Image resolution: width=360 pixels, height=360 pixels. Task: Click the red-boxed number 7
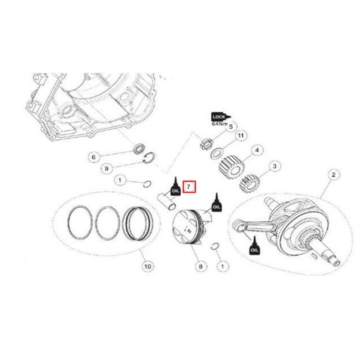click(189, 187)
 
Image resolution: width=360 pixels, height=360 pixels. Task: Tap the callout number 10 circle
click(147, 266)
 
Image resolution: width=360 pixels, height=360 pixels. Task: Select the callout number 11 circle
click(241, 136)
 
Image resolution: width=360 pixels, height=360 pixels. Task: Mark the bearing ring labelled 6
click(139, 149)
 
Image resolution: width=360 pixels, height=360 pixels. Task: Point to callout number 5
click(235, 127)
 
